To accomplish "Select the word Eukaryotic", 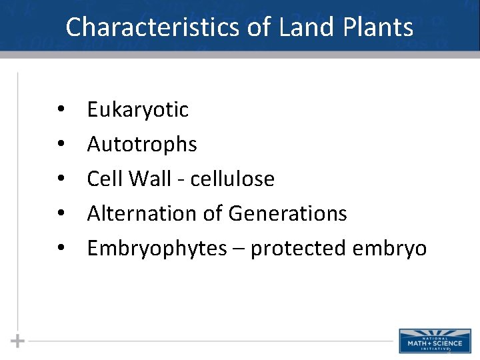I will [138, 110].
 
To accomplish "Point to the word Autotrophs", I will [142, 144].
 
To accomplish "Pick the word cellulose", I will [233, 179].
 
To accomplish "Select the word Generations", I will [287, 213].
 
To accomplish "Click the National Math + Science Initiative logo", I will [434, 340].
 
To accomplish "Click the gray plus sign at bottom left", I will [18, 341].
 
